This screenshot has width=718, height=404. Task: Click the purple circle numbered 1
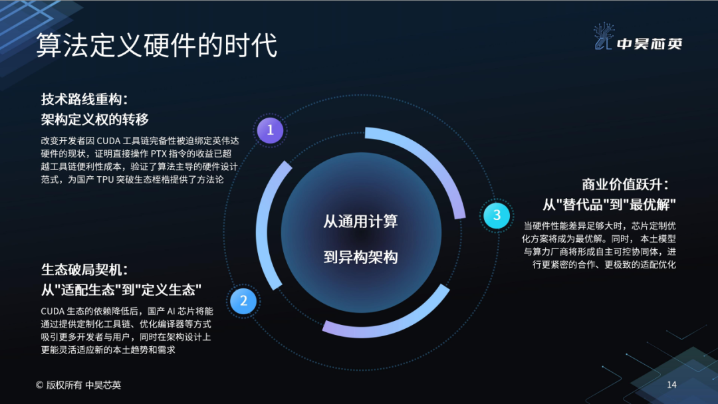[270, 130]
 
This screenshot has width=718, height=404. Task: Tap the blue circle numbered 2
[243, 300]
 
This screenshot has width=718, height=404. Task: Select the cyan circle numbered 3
[497, 215]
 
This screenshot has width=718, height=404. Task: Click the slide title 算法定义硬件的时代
[157, 45]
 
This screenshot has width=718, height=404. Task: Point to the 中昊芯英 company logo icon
[604, 36]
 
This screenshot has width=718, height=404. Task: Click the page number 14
[671, 385]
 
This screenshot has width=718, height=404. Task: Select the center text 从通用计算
[360, 221]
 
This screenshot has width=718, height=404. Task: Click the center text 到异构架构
[360, 256]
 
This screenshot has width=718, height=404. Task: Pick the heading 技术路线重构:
[84, 99]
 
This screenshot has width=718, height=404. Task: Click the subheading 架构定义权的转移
[95, 120]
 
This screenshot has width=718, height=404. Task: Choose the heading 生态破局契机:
[84, 270]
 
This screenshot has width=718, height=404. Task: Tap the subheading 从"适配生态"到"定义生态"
[122, 290]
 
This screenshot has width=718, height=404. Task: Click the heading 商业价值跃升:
[625, 184]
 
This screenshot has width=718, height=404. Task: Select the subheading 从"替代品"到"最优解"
[609, 204]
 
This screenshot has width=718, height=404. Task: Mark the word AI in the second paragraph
[171, 312]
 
